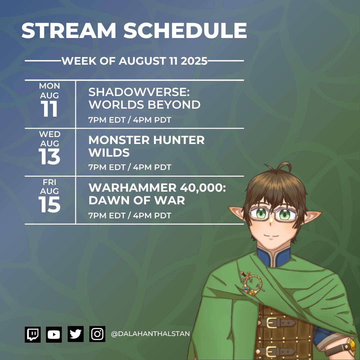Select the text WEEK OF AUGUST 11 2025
134,61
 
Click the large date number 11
50,109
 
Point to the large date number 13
50,157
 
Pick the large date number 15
50,205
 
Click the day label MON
50,86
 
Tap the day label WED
50,134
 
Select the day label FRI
50,182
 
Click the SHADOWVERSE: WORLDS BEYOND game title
144,99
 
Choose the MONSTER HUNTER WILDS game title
146,146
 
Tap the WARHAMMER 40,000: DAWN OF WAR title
157,194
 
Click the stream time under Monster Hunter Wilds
130,167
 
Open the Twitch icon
33,334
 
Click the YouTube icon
54,334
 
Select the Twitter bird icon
76,334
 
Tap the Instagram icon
97,334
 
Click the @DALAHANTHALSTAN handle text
150,334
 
